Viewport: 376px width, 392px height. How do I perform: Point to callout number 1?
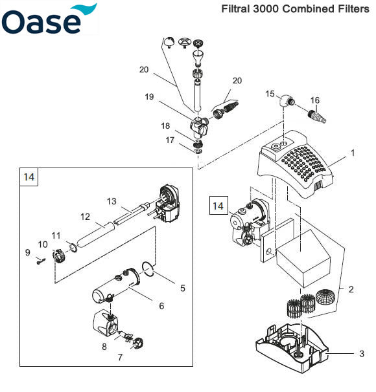point(353,154)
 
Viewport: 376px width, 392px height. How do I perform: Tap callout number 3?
point(362,354)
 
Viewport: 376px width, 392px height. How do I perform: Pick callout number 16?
point(315,100)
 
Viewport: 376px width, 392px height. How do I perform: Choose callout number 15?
point(271,94)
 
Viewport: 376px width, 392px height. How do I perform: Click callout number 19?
point(149,96)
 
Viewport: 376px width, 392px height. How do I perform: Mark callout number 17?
point(170,139)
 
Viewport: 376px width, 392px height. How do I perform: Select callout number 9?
point(27,252)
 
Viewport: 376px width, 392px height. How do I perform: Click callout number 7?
point(119,356)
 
